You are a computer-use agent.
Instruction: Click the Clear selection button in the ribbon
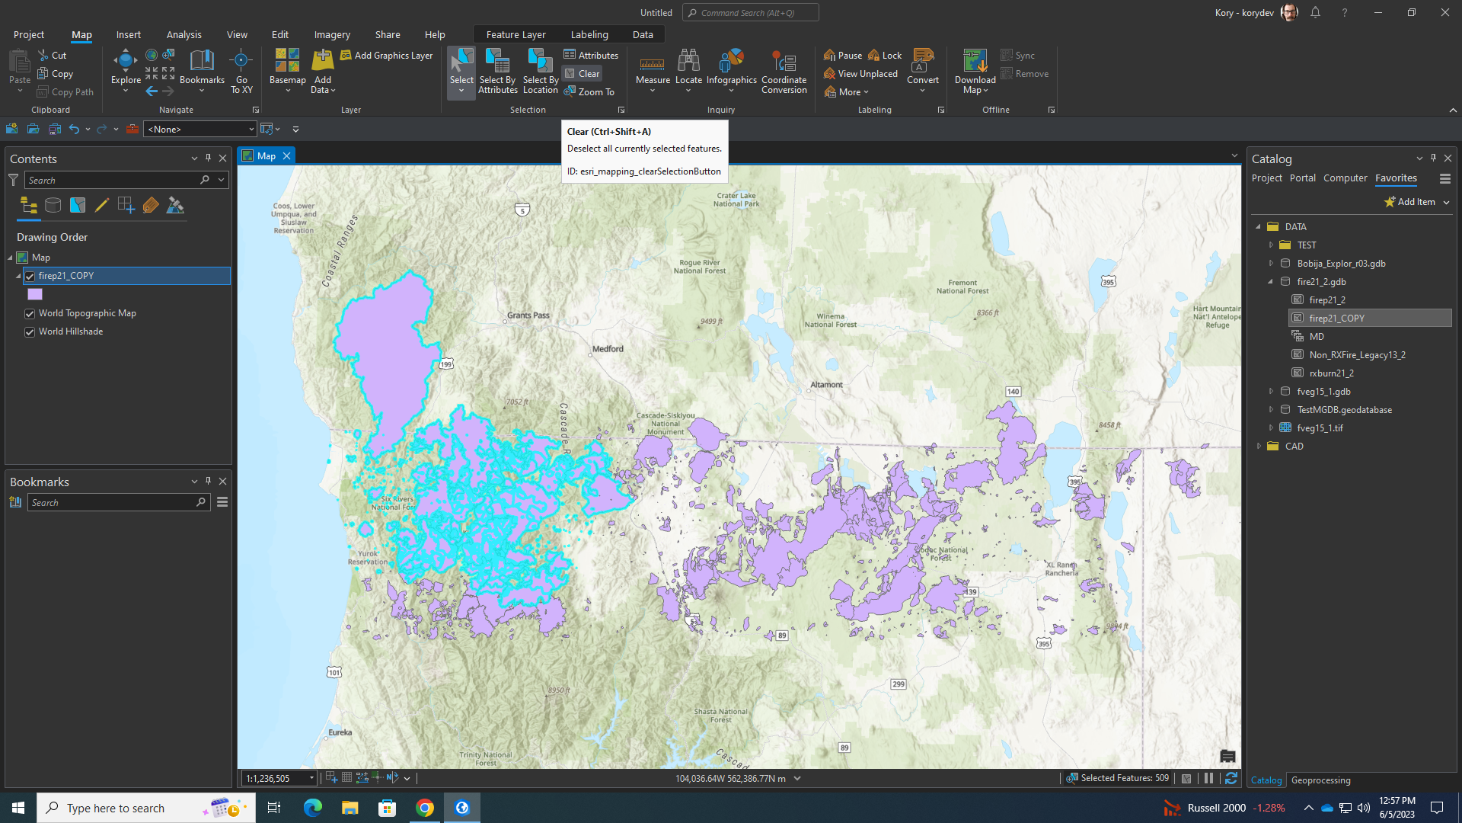(x=583, y=74)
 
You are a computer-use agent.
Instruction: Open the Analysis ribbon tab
(x=184, y=35)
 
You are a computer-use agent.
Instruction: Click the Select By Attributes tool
(x=498, y=71)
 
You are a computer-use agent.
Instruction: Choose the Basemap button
(x=287, y=71)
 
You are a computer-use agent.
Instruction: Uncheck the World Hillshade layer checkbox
(x=30, y=332)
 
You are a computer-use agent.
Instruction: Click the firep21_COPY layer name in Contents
(x=66, y=276)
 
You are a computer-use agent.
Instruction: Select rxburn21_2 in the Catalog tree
(x=1331, y=373)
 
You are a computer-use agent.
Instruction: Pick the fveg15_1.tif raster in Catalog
(x=1320, y=428)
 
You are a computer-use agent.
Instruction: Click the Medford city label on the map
(x=608, y=349)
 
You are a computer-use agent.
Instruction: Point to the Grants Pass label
(x=528, y=315)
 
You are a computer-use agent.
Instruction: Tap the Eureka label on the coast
(x=340, y=733)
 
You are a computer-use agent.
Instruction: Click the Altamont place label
(x=826, y=385)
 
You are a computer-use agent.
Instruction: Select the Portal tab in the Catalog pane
(x=1302, y=178)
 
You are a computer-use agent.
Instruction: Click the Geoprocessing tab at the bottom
(x=1320, y=780)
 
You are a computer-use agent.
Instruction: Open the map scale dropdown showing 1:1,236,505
(x=311, y=779)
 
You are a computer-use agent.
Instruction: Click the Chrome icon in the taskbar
(x=425, y=808)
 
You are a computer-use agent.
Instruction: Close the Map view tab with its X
(x=286, y=156)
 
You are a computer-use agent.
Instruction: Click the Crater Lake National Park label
(x=736, y=200)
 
